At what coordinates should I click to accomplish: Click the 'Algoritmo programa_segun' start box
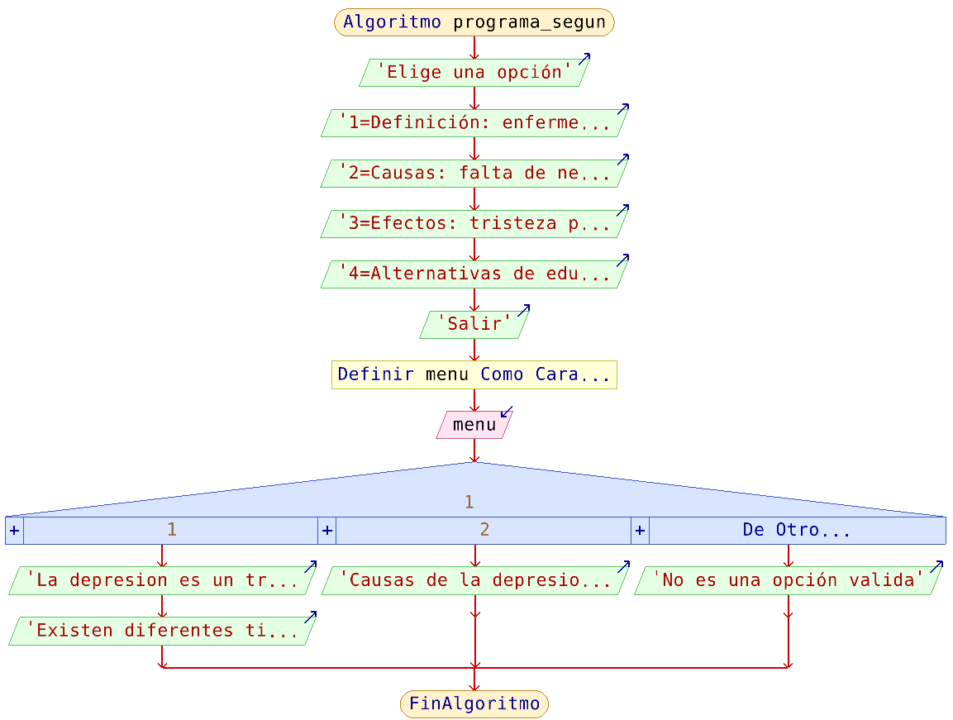[474, 22]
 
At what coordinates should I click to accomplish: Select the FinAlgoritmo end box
[474, 704]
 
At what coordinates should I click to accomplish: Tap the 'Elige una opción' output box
[474, 73]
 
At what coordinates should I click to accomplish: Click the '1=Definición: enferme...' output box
[474, 123]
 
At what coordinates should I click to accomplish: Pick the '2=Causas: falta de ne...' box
[474, 174]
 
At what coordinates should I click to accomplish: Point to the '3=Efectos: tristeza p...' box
[474, 224]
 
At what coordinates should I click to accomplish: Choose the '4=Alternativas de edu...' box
[474, 274]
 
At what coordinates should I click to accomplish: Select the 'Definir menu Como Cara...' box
[474, 374]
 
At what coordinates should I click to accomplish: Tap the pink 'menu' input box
[474, 425]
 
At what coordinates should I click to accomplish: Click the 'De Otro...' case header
[796, 531]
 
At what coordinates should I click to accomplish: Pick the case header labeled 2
[484, 531]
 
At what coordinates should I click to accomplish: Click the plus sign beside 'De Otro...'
[640, 531]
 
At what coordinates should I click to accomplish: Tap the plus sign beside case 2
[327, 531]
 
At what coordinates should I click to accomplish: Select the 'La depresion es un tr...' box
[162, 581]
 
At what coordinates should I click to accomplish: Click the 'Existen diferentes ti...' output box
[162, 632]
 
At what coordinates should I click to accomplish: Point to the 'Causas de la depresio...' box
[474, 581]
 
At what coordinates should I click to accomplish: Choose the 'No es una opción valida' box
[788, 581]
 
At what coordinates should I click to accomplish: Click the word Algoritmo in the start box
[392, 22]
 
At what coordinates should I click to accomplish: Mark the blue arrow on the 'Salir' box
[523, 311]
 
